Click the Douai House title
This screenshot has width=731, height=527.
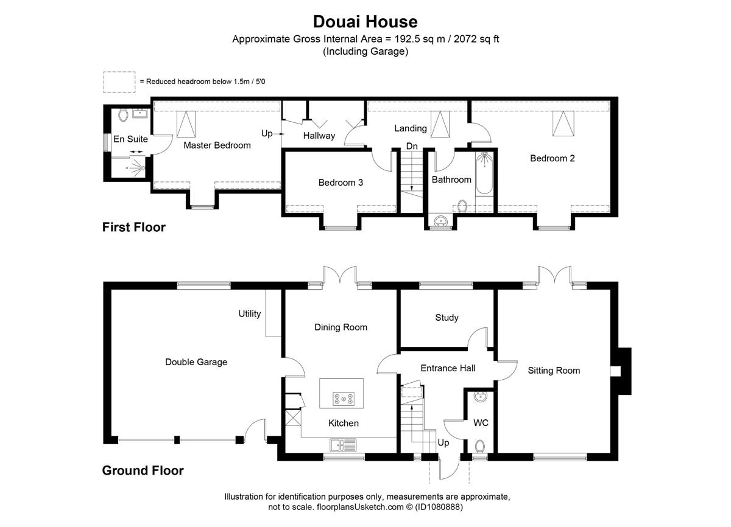(x=365, y=22)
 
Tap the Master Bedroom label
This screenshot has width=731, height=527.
(x=217, y=145)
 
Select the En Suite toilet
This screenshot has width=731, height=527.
(x=123, y=116)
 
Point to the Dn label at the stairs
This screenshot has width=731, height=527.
(x=412, y=146)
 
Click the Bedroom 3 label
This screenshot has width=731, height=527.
(x=341, y=183)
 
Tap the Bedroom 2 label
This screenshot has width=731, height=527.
(x=552, y=158)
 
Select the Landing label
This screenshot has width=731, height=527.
(x=410, y=128)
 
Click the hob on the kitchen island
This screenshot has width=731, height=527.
(x=344, y=399)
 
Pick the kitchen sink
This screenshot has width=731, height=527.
(x=342, y=445)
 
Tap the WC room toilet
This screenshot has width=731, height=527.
(x=480, y=447)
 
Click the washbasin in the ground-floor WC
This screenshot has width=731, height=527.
(x=480, y=397)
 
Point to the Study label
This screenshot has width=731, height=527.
(x=447, y=318)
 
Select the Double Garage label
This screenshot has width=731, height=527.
(x=196, y=362)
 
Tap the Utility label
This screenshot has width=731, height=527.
(x=250, y=314)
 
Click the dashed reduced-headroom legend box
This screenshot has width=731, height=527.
(x=119, y=82)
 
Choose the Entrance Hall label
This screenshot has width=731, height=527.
(x=448, y=368)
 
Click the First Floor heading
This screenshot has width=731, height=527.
(x=134, y=227)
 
